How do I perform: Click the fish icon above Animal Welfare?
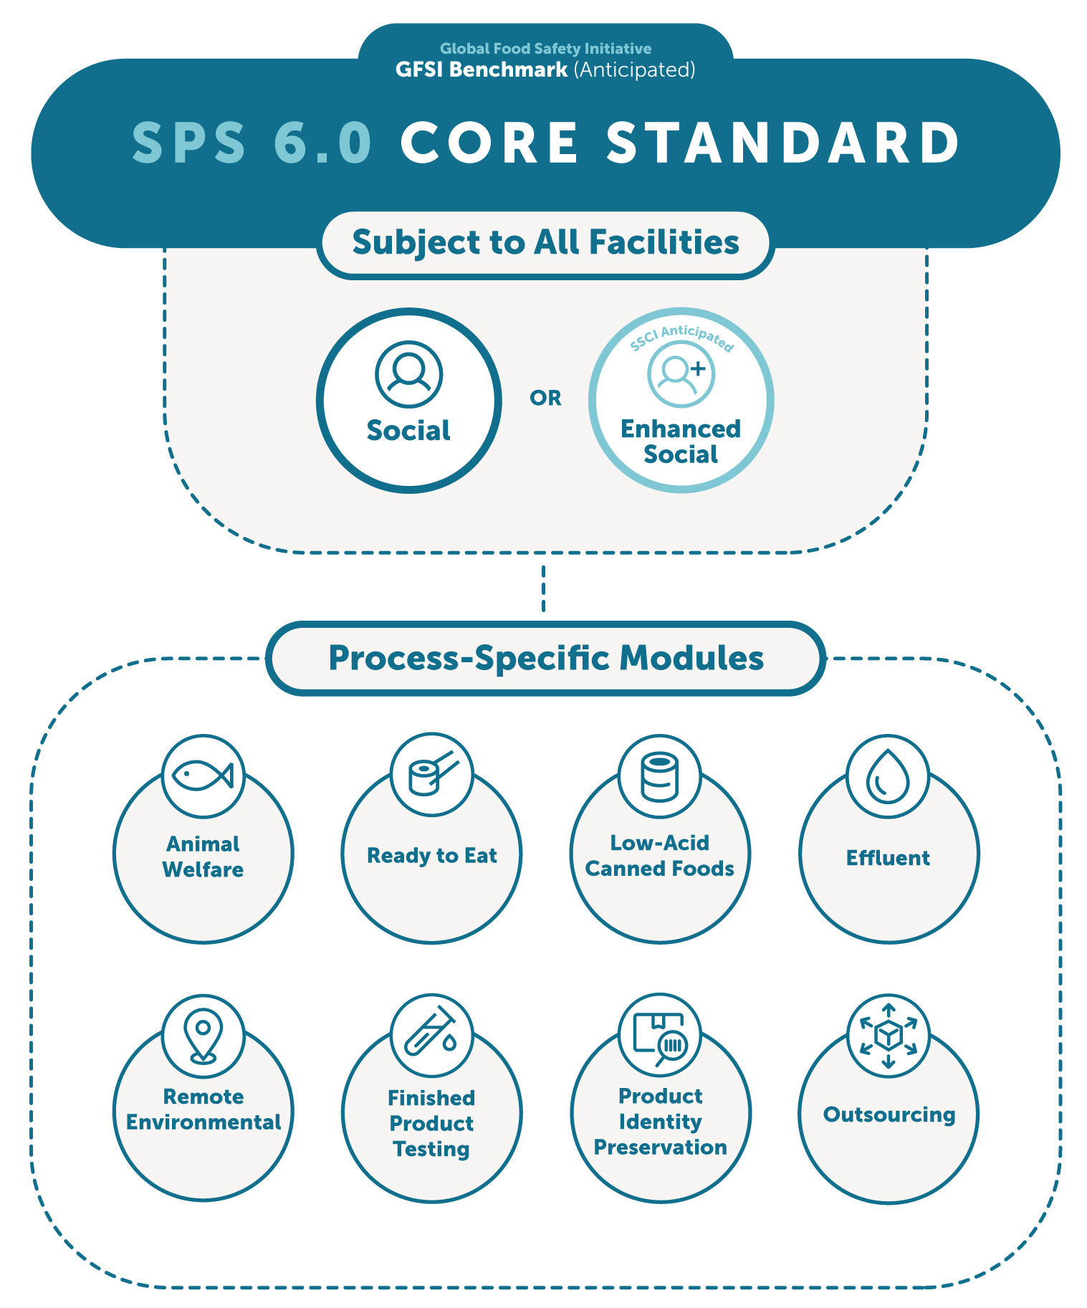[203, 775]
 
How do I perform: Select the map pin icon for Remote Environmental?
[203, 1036]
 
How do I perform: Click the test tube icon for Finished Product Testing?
[431, 1035]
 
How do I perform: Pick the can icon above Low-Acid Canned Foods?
[659, 775]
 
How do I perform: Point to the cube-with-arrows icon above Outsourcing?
[888, 1035]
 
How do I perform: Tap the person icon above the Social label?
[408, 374]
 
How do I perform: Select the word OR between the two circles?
[545, 398]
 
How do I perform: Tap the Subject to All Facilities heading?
[545, 242]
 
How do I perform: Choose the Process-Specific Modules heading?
[546, 658]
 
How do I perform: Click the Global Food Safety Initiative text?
[545, 49]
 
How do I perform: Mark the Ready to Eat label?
[431, 856]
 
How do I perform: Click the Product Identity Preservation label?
[660, 1122]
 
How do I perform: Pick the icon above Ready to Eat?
[431, 774]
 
